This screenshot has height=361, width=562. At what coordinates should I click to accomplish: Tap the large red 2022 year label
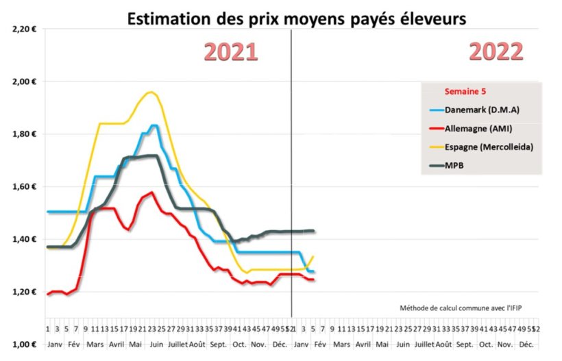pos(496,52)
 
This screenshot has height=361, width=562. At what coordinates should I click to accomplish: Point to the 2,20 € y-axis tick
pos(24,29)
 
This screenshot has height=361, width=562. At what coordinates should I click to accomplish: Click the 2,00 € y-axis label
pos(24,82)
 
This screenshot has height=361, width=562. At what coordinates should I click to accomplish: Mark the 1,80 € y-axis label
pos(24,134)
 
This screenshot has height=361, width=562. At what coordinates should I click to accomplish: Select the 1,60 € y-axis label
pos(24,187)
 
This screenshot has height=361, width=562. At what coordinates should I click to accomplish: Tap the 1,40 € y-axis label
pos(24,240)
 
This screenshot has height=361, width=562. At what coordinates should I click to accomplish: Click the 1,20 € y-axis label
pos(24,292)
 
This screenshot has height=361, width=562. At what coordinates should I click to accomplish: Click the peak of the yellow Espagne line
pos(150,92)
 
